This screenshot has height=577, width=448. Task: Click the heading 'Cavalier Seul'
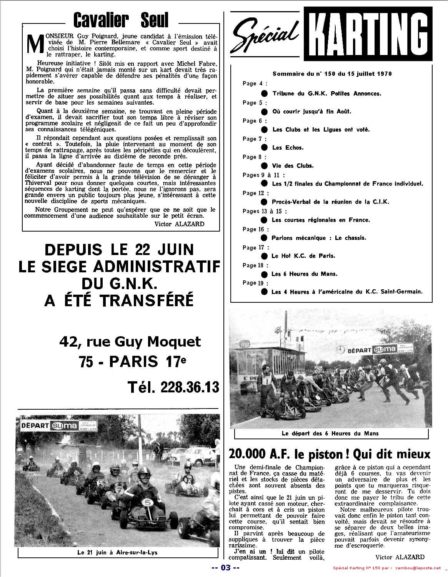pyautogui.click(x=120, y=20)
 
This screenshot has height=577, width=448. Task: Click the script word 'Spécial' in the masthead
pyautogui.click(x=265, y=36)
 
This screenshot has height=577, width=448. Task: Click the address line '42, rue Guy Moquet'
pyautogui.click(x=130, y=341)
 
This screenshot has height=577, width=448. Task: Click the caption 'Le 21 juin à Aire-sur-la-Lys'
pyautogui.click(x=117, y=552)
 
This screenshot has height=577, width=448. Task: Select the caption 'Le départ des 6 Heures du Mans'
pyautogui.click(x=330, y=433)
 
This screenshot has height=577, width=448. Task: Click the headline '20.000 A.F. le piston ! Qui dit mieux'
pyautogui.click(x=330, y=454)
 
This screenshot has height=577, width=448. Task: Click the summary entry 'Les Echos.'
pyautogui.click(x=288, y=148)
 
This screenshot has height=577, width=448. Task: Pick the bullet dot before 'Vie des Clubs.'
pyautogui.click(x=264, y=166)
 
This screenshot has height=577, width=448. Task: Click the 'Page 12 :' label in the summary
pyautogui.click(x=256, y=193)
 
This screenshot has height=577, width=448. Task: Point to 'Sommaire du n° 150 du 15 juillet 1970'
pyautogui.click(x=332, y=73)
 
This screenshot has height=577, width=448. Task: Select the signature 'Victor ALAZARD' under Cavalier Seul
pyautogui.click(x=179, y=224)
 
